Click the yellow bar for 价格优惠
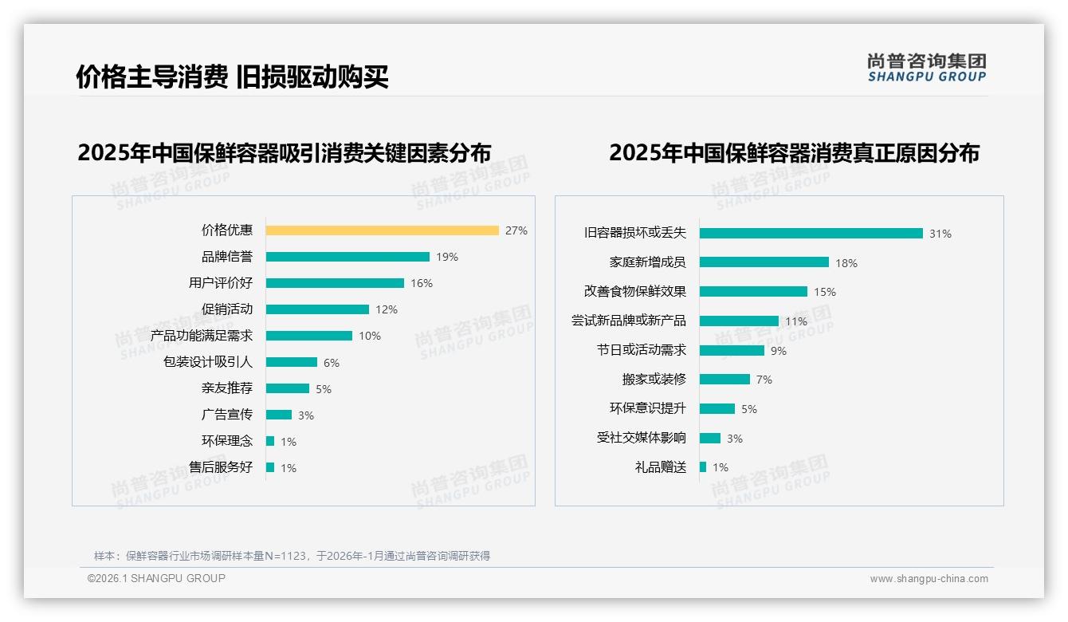coord(382,230)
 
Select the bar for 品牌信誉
coord(347,257)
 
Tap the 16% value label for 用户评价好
coord(422,283)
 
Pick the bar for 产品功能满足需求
coord(309,336)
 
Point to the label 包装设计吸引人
coord(207,362)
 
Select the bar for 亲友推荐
coord(288,388)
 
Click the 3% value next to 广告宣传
coord(306,415)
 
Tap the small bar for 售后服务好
coord(270,467)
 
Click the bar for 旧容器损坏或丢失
coord(811,234)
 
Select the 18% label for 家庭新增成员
coord(846,263)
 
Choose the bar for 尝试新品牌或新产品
coord(739,321)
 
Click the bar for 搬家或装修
coord(724,380)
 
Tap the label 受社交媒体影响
coord(641,438)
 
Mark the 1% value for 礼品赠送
coord(721,467)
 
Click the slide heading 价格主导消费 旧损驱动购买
coord(232,77)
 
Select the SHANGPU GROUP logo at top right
coord(926,67)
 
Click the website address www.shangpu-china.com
coord(929,579)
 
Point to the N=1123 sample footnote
coord(292,556)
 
